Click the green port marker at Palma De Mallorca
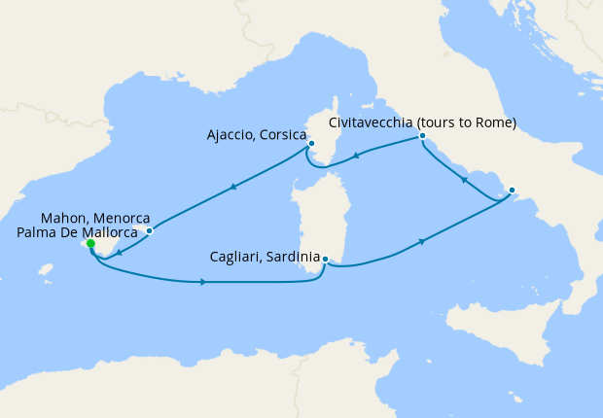pos(90,245)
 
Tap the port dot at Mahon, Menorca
pos(149,231)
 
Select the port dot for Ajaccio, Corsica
pos(311,144)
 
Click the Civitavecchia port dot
pos(422,137)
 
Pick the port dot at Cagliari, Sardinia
pos(326,259)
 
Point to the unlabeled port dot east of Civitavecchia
pos(512,190)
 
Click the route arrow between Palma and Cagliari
pos(202,283)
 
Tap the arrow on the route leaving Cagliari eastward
pos(422,241)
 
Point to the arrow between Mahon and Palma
pos(118,253)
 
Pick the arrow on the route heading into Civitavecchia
pos(465,180)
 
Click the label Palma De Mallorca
pos(78,234)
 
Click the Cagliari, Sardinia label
pos(265,258)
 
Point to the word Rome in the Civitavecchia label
pos(492,122)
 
